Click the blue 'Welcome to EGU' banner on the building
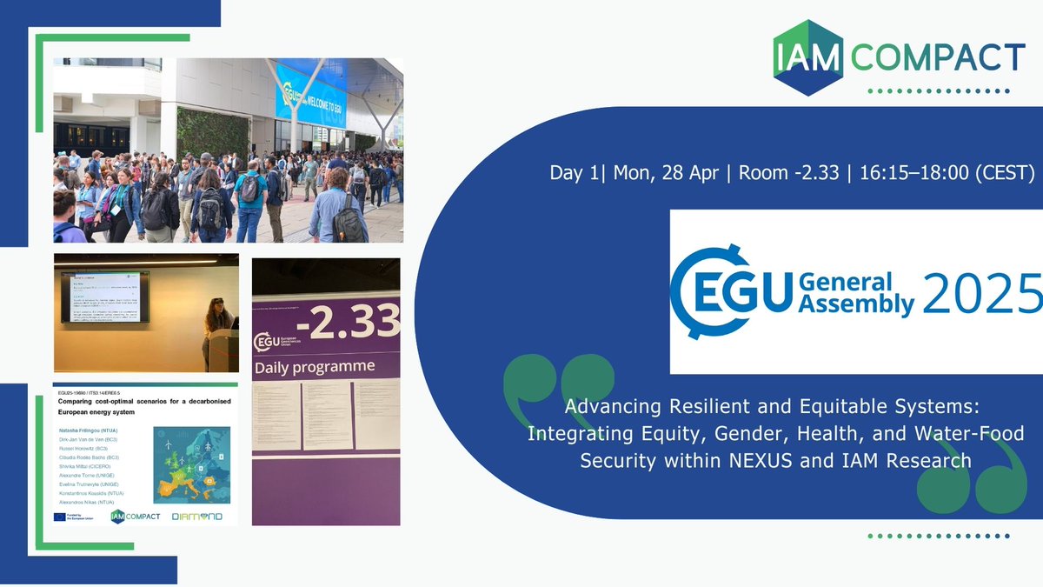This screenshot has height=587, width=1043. [311, 97]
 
